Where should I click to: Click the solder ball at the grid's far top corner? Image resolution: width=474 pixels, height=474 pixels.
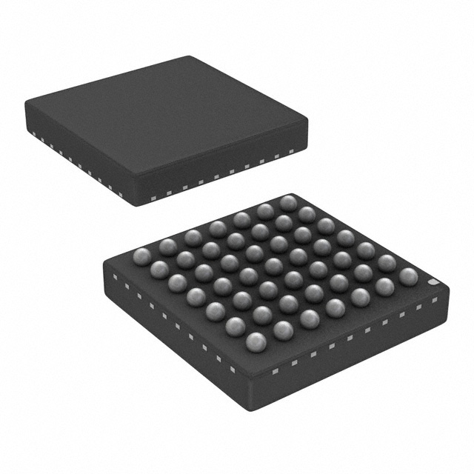pyautogui.click(x=288, y=203)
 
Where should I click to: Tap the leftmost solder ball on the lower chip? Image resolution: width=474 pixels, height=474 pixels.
pyautogui.click(x=141, y=256)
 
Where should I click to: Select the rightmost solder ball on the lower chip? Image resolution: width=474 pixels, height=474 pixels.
pyautogui.click(x=408, y=276)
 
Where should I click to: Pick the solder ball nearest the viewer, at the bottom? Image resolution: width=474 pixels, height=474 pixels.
pyautogui.click(x=256, y=341)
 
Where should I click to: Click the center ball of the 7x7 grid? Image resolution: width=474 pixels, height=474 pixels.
pyautogui.click(x=273, y=267)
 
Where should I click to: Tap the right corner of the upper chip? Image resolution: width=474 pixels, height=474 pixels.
pyautogui.click(x=307, y=122)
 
